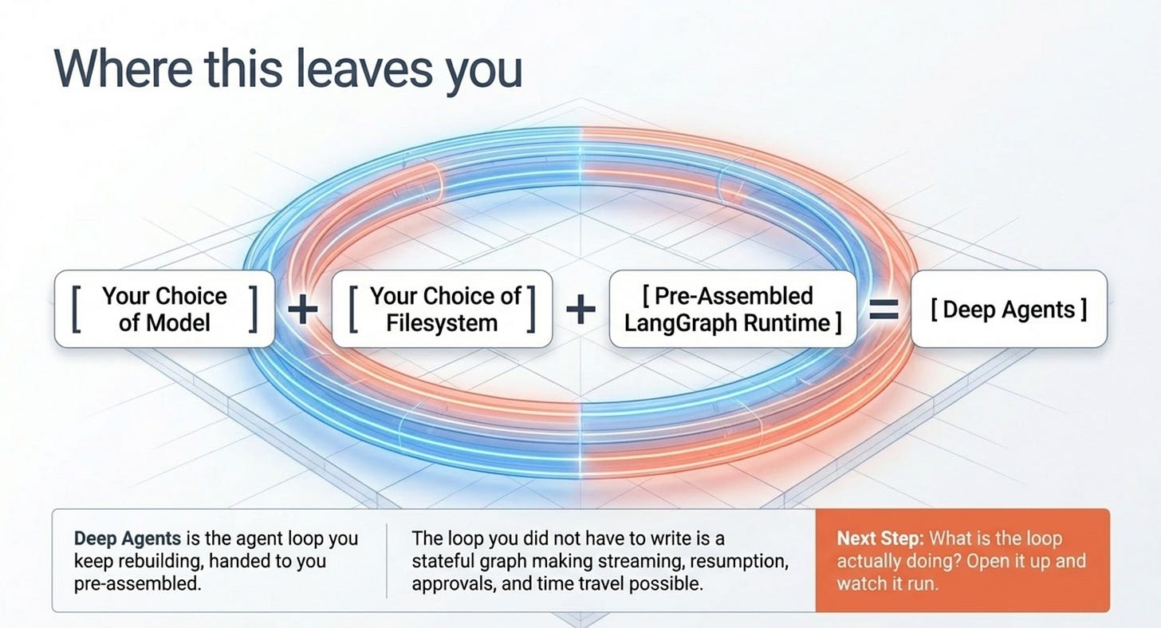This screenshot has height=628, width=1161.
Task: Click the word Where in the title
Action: coord(124,69)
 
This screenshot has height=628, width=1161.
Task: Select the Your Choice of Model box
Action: coord(164,309)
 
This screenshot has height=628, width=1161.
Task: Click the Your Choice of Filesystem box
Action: coord(442,309)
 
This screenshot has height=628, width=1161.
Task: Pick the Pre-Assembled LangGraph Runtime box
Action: coord(733,309)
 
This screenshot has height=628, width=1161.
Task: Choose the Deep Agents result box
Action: coord(1009,309)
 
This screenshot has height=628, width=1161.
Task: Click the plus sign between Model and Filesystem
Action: coord(303,310)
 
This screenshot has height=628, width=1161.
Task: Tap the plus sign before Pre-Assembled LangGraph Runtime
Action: coord(581,310)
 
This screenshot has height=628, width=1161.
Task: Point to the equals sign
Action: coord(884,310)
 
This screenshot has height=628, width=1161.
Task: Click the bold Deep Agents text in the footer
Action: coord(128,539)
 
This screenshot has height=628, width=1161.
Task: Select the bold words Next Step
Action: coord(880,539)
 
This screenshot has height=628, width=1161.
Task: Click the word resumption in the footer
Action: coord(739,562)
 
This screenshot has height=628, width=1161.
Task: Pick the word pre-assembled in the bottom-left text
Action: coord(137,584)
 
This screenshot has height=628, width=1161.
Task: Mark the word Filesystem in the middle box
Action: coord(442,323)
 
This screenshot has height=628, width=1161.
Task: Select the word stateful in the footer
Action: coord(443,562)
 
